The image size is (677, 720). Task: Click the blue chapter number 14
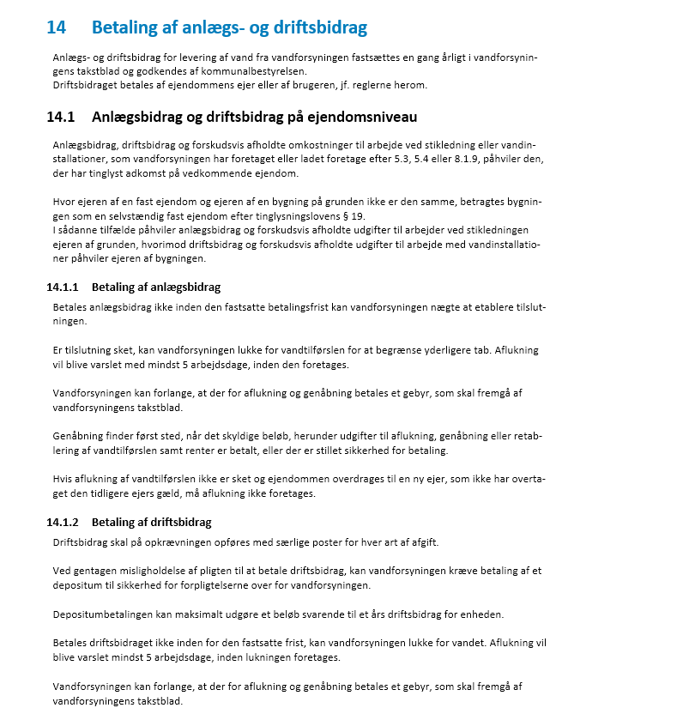click(x=56, y=27)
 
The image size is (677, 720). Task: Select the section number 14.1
click(x=61, y=117)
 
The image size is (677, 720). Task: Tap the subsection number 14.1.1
click(x=63, y=287)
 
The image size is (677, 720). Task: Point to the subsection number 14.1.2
click(x=63, y=522)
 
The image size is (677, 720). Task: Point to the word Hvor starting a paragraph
click(x=63, y=202)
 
